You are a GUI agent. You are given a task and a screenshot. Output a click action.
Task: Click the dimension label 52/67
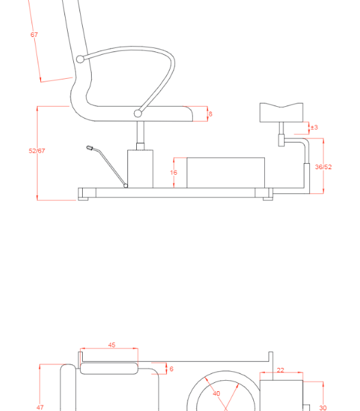click(x=37, y=151)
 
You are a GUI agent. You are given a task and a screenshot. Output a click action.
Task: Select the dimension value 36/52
click(x=323, y=167)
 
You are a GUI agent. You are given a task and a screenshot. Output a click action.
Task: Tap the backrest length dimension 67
click(x=34, y=34)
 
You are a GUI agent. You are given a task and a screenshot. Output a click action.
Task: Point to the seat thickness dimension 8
click(x=210, y=114)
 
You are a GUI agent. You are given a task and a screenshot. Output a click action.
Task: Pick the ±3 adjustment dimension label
click(x=313, y=127)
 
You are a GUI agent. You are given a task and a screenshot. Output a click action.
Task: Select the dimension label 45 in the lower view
click(x=112, y=345)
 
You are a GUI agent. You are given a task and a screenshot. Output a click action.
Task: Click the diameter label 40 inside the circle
click(x=216, y=393)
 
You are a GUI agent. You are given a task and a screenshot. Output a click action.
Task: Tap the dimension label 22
click(x=280, y=371)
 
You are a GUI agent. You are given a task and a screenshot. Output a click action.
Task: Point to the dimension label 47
click(x=40, y=407)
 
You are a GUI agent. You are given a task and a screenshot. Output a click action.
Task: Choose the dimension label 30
click(x=323, y=408)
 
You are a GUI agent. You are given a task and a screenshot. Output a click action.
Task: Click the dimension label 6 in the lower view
click(x=171, y=369)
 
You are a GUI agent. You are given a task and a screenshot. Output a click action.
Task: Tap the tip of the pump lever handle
click(x=90, y=147)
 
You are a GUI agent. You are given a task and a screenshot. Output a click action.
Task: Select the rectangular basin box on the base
click(x=225, y=173)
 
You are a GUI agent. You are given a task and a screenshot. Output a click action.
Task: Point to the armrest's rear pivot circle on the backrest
click(x=81, y=60)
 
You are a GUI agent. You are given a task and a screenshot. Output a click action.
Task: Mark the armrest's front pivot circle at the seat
click(x=138, y=113)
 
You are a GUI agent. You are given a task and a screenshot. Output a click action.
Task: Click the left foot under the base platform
click(x=83, y=199)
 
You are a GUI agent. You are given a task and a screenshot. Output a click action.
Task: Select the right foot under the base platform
click(x=268, y=199)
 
